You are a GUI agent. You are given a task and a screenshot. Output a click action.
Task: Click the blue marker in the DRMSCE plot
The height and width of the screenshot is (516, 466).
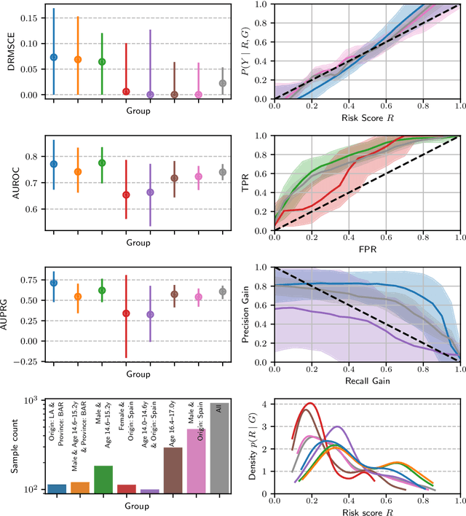pos(53,57)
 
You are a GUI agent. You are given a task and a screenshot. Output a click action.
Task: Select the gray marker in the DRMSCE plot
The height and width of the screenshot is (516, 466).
pos(223,83)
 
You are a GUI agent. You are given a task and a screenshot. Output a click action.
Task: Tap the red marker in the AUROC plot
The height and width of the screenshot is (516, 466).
pos(126,195)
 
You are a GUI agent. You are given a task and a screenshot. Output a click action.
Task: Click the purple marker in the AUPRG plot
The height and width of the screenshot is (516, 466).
pos(150,315)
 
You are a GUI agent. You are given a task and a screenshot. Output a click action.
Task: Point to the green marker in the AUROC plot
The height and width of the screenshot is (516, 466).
pos(102,163)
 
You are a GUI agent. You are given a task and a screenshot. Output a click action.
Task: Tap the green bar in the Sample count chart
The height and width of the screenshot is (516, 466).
pos(102,479)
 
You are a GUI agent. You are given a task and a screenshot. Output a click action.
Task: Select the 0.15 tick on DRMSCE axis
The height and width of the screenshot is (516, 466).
pos(31,17)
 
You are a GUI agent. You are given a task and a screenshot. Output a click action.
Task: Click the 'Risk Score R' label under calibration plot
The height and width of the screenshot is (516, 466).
pos(367,119)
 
